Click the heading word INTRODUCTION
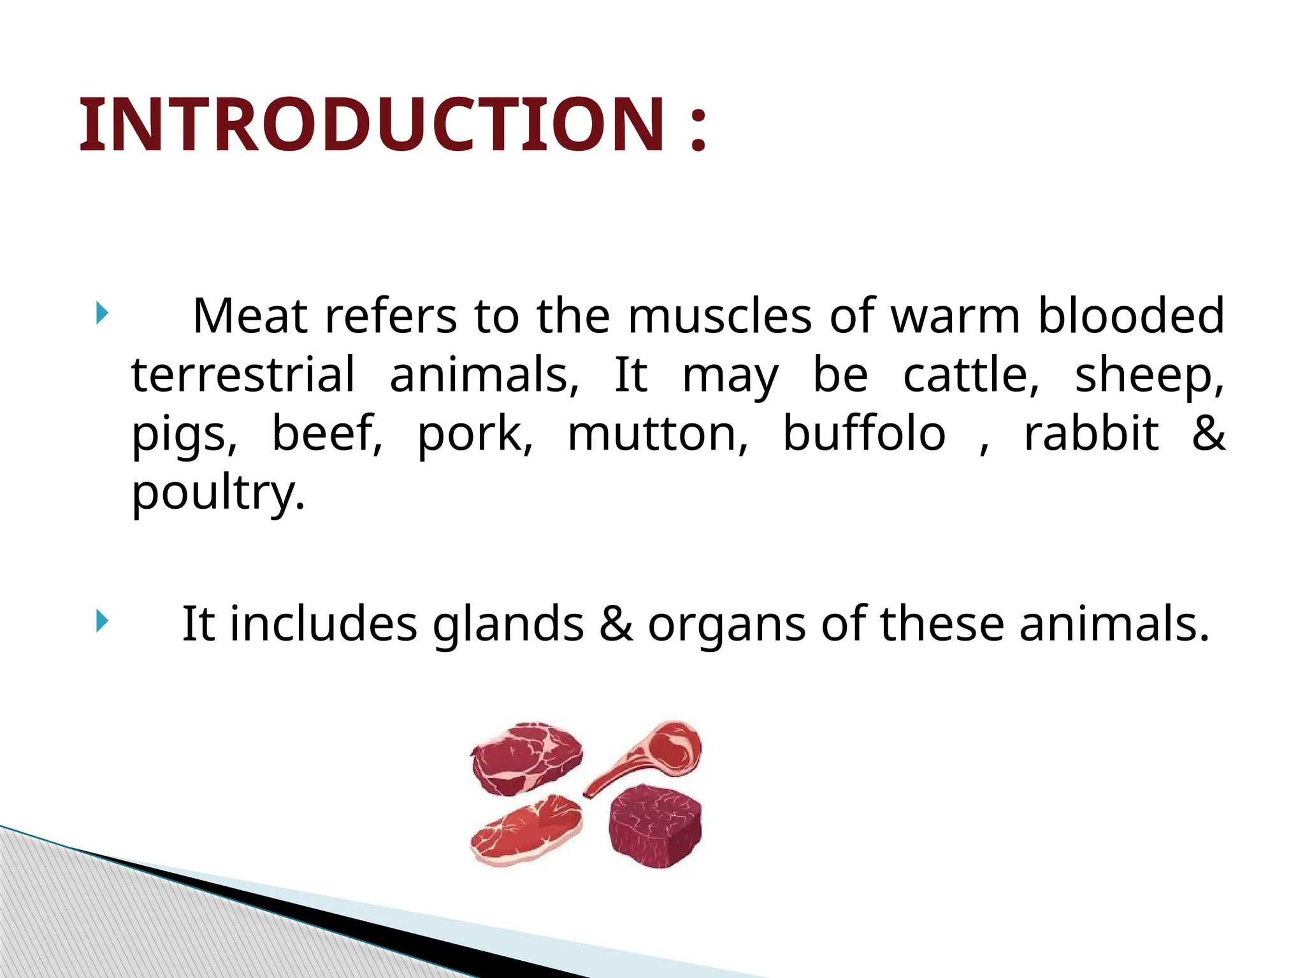[x=373, y=125]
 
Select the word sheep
[x=1150, y=376]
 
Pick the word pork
[x=475, y=434]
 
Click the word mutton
[x=658, y=434]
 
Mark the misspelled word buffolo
[x=864, y=434]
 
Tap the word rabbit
[x=1091, y=434]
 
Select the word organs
[x=726, y=624]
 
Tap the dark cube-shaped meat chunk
[x=655, y=826]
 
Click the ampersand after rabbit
[x=1208, y=434]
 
